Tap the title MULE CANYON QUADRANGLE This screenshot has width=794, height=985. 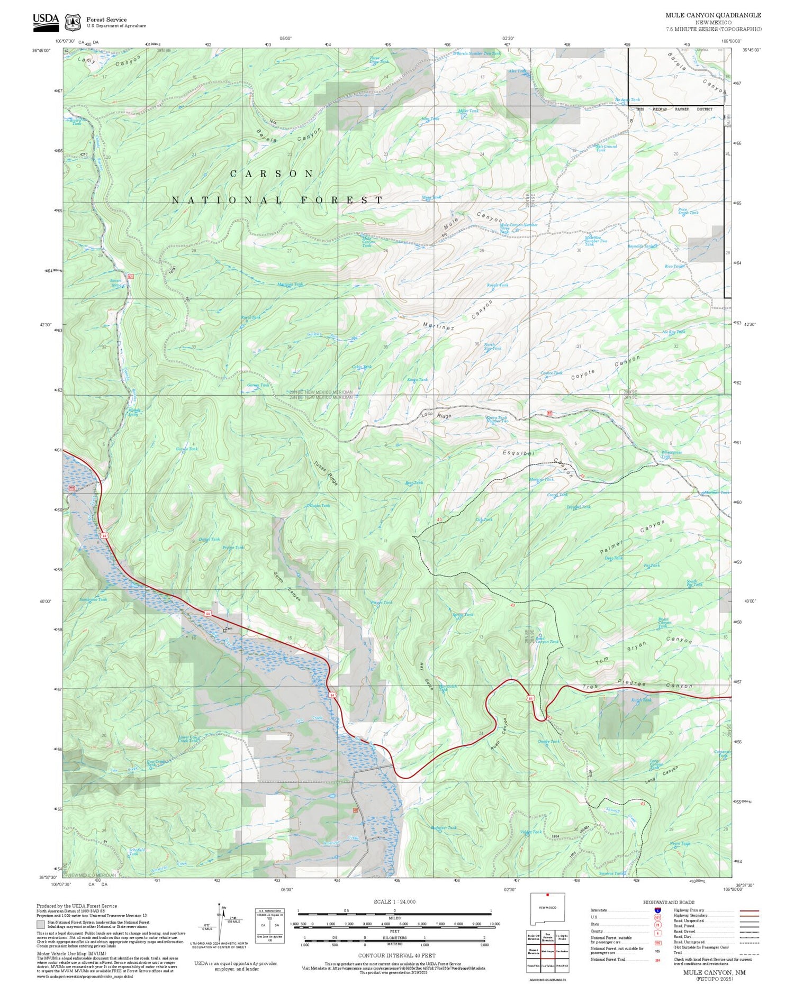coord(713,15)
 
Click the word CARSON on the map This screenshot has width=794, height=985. coord(272,174)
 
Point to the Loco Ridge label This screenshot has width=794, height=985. coord(436,417)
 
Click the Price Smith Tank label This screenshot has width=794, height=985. coord(688,211)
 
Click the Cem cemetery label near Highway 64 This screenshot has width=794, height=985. coord(229,629)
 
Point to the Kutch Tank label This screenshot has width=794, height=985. coord(642,700)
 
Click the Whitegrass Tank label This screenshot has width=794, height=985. coord(671,454)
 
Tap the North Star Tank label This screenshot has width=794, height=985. coord(492,346)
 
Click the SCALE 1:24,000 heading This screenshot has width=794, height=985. coord(394,901)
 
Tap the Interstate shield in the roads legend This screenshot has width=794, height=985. coord(657,910)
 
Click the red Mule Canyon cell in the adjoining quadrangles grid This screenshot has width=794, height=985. coord(547,951)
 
